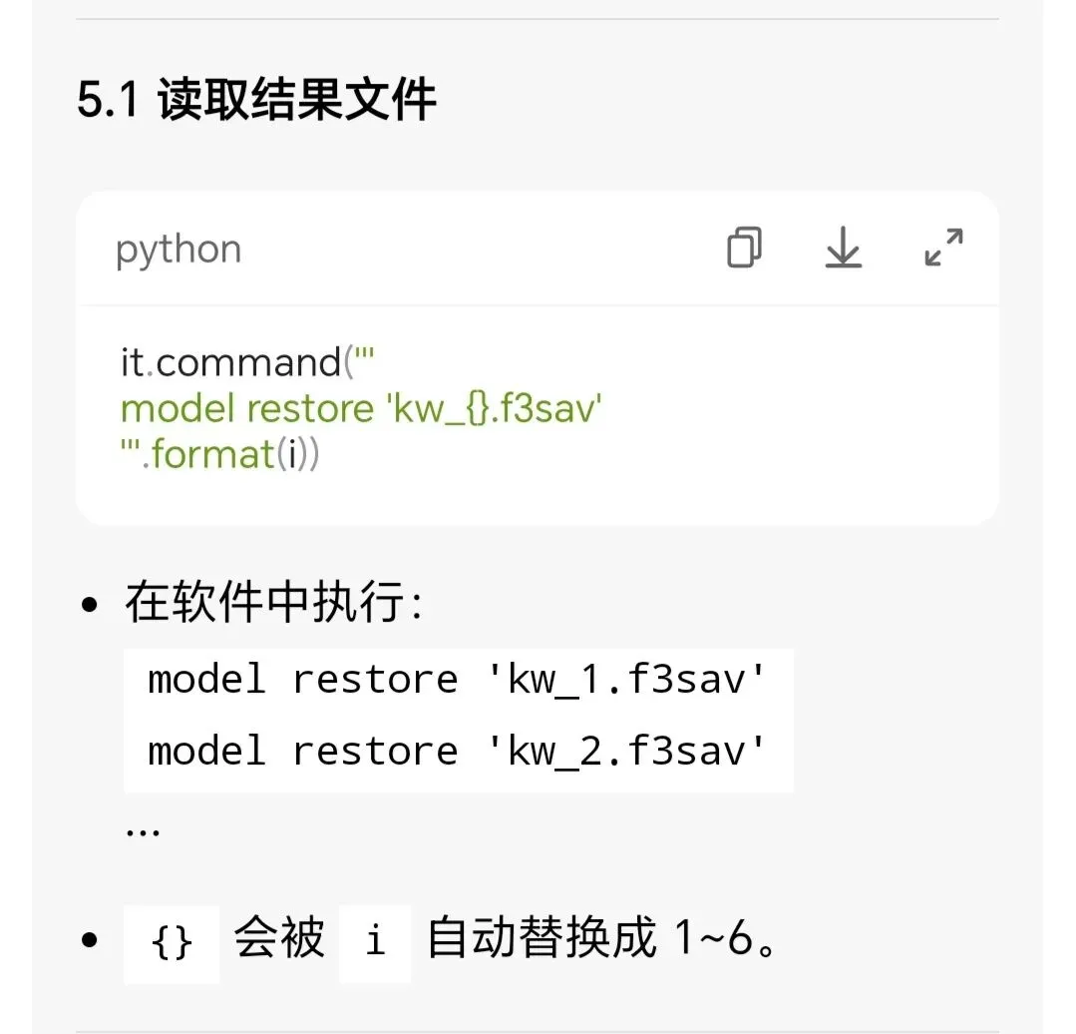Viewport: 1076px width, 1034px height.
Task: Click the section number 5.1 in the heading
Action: click(108, 101)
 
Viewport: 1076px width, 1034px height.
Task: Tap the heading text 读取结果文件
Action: click(297, 101)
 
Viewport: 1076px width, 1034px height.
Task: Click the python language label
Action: click(179, 250)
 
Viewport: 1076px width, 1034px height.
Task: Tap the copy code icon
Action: click(744, 248)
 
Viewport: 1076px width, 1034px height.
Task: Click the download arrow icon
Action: click(843, 248)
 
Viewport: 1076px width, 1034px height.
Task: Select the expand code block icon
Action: click(943, 248)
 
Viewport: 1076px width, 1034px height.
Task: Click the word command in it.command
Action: click(248, 362)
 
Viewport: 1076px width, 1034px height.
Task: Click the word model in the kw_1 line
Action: click(206, 680)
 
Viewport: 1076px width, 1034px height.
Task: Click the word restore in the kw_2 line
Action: click(375, 751)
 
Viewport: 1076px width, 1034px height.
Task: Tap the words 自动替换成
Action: click(541, 939)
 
